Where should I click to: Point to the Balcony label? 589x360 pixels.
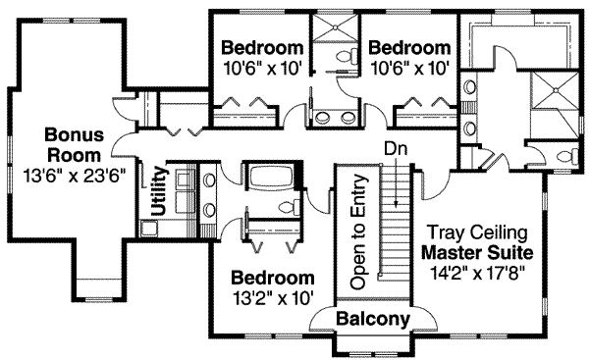[x=372, y=320]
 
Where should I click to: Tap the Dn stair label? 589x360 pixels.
[x=394, y=150]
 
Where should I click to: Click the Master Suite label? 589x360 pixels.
[x=477, y=253]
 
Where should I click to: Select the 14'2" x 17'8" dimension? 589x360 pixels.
[x=477, y=274]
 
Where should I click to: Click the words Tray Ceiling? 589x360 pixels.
[x=478, y=233]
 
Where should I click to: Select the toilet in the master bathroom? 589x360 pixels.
[x=564, y=157]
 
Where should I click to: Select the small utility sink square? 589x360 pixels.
[x=148, y=230]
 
